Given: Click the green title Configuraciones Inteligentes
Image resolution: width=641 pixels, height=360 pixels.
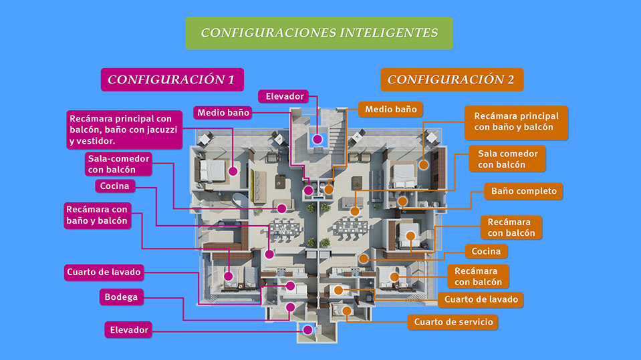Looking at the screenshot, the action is tap(319, 33).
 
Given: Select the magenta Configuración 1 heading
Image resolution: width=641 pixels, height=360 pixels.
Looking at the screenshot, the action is tap(172, 79).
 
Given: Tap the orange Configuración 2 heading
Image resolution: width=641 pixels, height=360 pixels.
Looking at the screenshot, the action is tap(452, 79).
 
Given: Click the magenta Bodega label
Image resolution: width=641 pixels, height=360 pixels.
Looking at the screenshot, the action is tap(122, 297).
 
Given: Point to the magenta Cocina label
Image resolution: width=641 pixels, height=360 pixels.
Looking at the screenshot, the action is tap(115, 186).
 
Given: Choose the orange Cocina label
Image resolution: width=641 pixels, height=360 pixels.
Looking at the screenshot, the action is tap(486, 251).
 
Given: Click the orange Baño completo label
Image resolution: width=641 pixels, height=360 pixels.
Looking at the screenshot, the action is tap(523, 191).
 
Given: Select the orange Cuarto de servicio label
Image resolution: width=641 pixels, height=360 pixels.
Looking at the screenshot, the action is tap(453, 322).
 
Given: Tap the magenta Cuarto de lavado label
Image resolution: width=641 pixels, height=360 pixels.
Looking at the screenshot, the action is tap(104, 273).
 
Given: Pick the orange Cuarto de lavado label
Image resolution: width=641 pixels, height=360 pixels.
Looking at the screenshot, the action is tap(481, 299).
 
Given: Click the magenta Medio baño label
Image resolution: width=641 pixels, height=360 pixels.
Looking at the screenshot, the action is tap(223, 113).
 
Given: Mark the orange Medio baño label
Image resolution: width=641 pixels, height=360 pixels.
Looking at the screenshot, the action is tap(390, 110).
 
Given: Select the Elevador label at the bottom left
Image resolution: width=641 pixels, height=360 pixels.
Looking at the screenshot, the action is tap(128, 330).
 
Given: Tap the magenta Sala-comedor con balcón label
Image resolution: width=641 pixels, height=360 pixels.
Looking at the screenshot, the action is tap(118, 164).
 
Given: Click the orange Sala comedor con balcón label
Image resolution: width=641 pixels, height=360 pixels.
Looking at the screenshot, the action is tap(507, 159).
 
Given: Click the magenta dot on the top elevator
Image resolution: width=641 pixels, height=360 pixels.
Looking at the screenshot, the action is tap(317, 140).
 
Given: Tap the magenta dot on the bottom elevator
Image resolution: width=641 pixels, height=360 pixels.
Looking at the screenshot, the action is tap(308, 330).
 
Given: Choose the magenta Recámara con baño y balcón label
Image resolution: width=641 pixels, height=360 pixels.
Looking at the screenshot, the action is tap(98, 215).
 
